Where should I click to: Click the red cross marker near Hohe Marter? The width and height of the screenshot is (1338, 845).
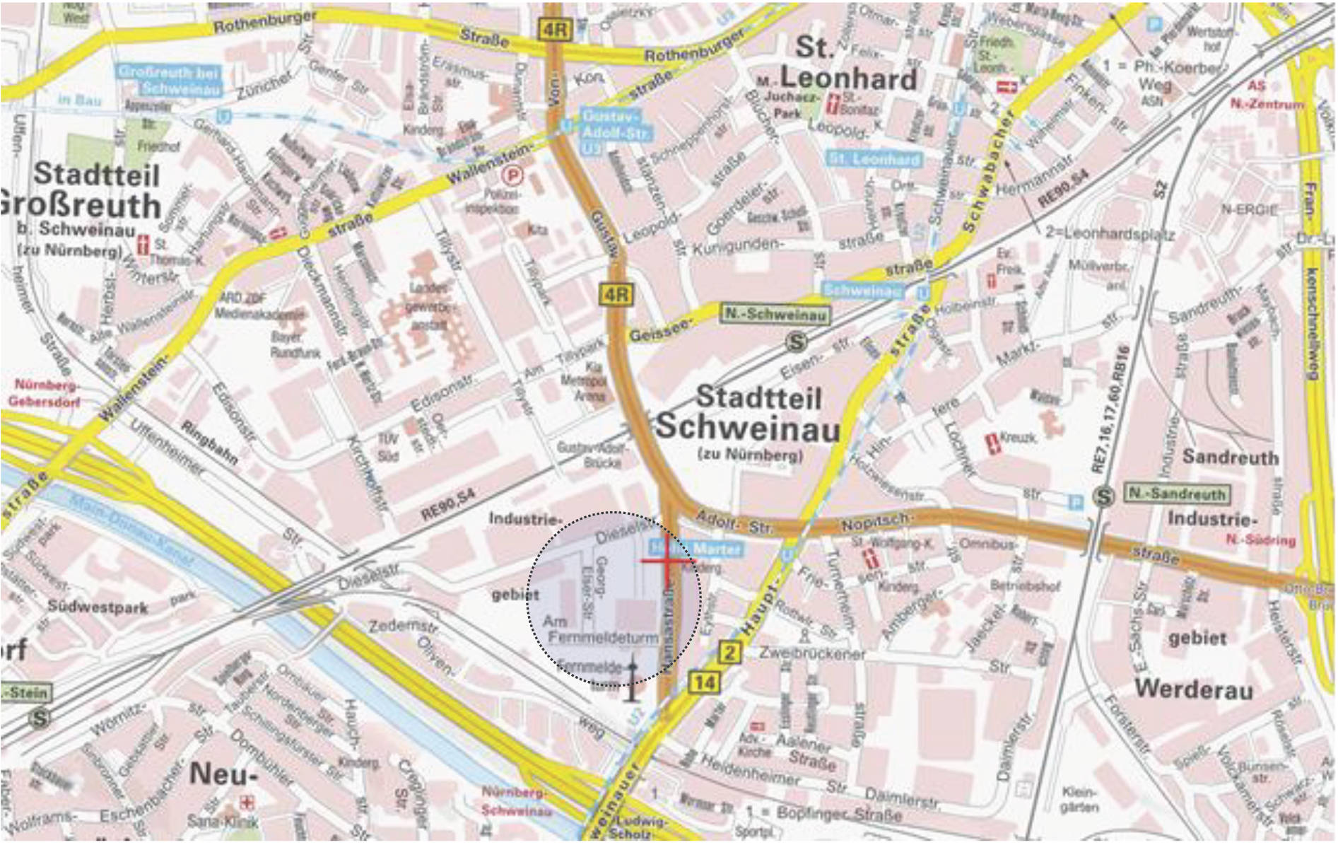667,561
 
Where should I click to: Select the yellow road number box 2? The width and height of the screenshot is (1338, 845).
729,652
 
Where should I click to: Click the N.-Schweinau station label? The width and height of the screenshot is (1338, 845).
775,315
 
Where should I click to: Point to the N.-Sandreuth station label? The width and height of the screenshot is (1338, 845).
1177,494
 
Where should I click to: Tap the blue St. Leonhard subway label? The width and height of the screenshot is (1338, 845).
875,158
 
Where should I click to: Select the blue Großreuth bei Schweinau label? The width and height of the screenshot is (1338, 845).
170,80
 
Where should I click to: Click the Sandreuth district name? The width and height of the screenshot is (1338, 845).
1231,457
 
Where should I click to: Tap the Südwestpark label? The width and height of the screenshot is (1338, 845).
98,607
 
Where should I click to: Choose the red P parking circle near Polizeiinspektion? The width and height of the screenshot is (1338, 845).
510,173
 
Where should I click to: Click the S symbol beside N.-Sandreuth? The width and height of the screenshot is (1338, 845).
1103,496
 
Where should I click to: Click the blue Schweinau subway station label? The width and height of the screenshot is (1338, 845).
863,290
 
